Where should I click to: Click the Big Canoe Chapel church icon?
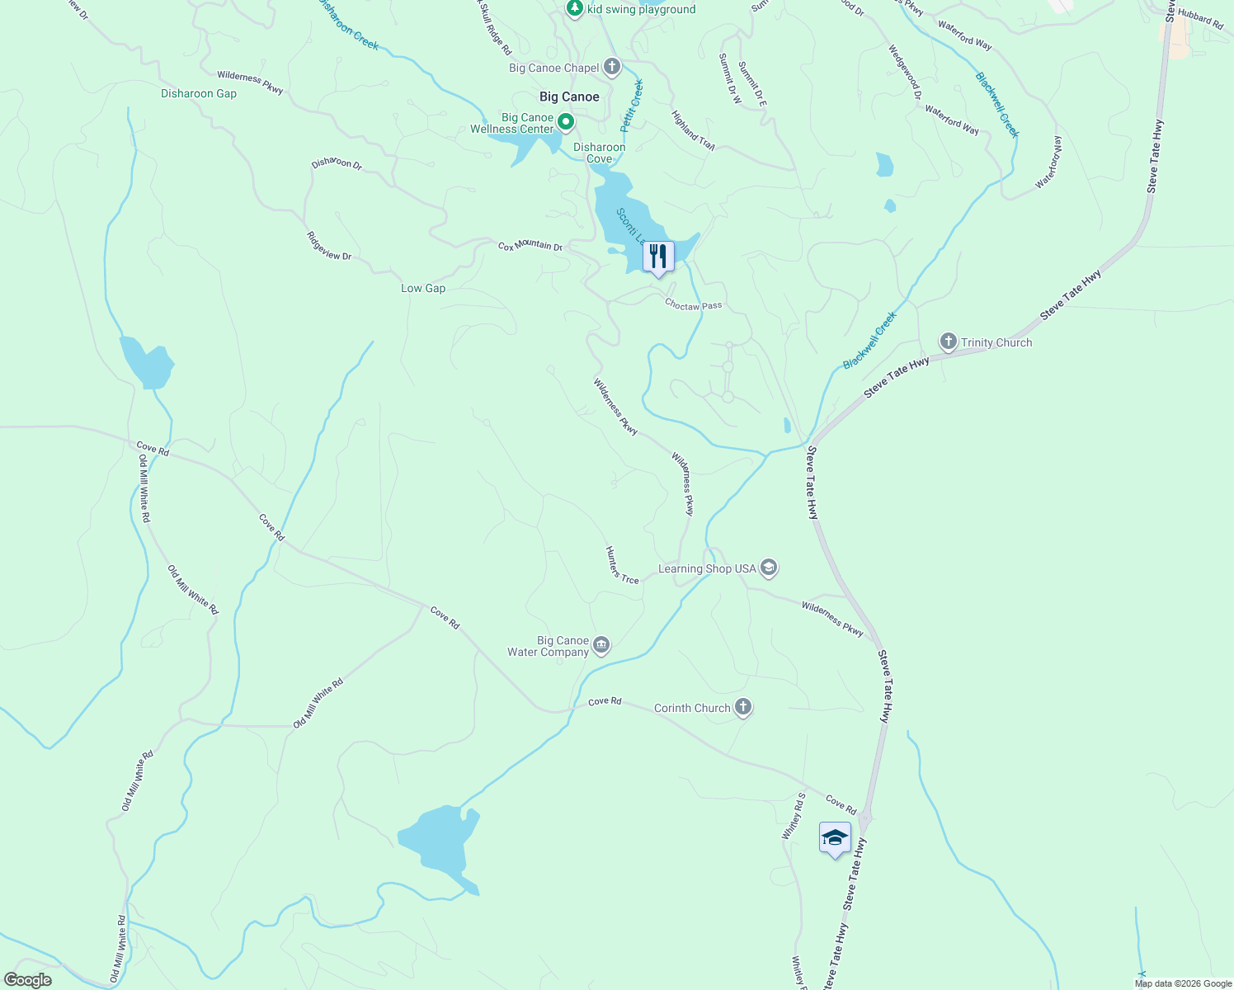pyautogui.click(x=611, y=67)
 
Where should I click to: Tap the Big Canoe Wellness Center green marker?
pyautogui.click(x=566, y=123)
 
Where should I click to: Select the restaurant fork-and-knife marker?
pyautogui.click(x=657, y=257)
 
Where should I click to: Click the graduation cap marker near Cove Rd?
pyautogui.click(x=835, y=838)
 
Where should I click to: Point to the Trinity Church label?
pyautogui.click(x=996, y=342)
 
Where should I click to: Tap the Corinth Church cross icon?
pyautogui.click(x=743, y=707)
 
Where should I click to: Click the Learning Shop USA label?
pyautogui.click(x=707, y=568)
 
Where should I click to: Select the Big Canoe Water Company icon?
pyautogui.click(x=601, y=645)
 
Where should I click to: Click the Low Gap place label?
pyautogui.click(x=423, y=288)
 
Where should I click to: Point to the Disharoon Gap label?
pyautogui.click(x=199, y=93)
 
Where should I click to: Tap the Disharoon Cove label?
pyautogui.click(x=600, y=153)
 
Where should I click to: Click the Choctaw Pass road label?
pyautogui.click(x=693, y=305)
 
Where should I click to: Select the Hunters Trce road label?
pyautogui.click(x=622, y=566)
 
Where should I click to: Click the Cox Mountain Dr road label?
pyautogui.click(x=530, y=246)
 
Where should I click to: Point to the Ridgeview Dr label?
pyautogui.click(x=329, y=246)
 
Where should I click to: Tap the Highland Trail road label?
pyautogui.click(x=693, y=130)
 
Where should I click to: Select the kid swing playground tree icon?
pyautogui.click(x=575, y=8)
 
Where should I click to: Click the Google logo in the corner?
pyautogui.click(x=27, y=980)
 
